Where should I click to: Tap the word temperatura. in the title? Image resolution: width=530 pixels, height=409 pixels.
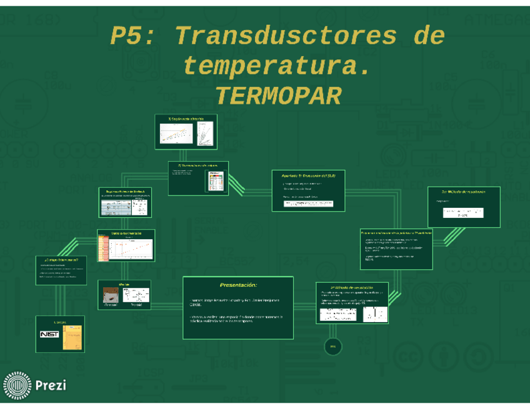[276, 66]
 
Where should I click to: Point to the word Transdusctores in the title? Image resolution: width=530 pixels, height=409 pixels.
[286, 36]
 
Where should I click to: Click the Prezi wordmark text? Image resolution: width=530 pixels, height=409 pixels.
[51, 385]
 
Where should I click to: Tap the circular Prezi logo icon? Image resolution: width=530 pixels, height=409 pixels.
[17, 385]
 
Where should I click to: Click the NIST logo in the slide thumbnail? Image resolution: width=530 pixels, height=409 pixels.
[49, 334]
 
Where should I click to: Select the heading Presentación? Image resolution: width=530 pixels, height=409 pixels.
[238, 285]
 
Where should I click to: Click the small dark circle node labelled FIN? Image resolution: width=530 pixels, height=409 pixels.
[332, 347]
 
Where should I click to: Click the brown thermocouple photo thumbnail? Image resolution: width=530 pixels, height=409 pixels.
[111, 297]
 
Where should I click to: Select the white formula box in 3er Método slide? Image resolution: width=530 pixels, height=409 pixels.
[463, 212]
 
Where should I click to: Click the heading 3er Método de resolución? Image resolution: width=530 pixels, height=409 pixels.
[463, 192]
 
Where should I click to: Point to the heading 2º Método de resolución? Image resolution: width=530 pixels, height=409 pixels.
[352, 287]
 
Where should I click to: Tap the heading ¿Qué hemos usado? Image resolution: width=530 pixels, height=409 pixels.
[61, 259]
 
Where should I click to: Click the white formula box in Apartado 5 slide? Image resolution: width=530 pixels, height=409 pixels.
[308, 204]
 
